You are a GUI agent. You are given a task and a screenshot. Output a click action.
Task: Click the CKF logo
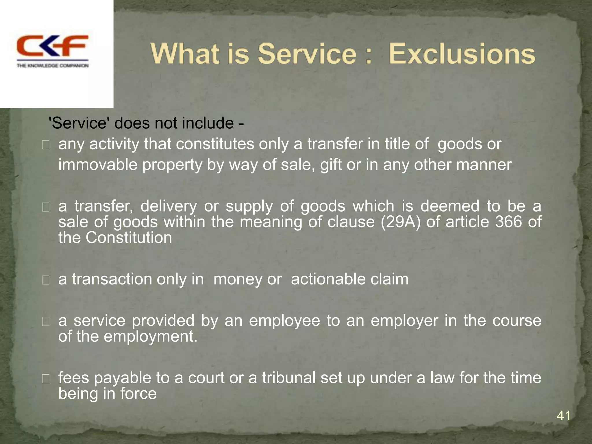[52, 46]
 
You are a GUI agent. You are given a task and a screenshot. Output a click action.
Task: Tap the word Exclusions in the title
[462, 54]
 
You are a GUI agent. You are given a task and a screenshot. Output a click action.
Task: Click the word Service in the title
[307, 54]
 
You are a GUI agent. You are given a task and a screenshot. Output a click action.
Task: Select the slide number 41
[563, 416]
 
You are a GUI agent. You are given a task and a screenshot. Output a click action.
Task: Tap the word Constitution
[129, 238]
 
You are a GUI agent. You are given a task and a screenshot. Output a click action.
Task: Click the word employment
[150, 336]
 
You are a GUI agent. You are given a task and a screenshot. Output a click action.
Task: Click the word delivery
[169, 206]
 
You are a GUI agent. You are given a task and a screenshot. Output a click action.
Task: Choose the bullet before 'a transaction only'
[46, 280]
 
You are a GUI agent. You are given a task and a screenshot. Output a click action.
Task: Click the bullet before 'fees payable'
[46, 379]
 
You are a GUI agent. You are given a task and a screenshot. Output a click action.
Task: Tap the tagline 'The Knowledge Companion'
[52, 66]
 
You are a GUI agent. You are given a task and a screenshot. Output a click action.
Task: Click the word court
[206, 378]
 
